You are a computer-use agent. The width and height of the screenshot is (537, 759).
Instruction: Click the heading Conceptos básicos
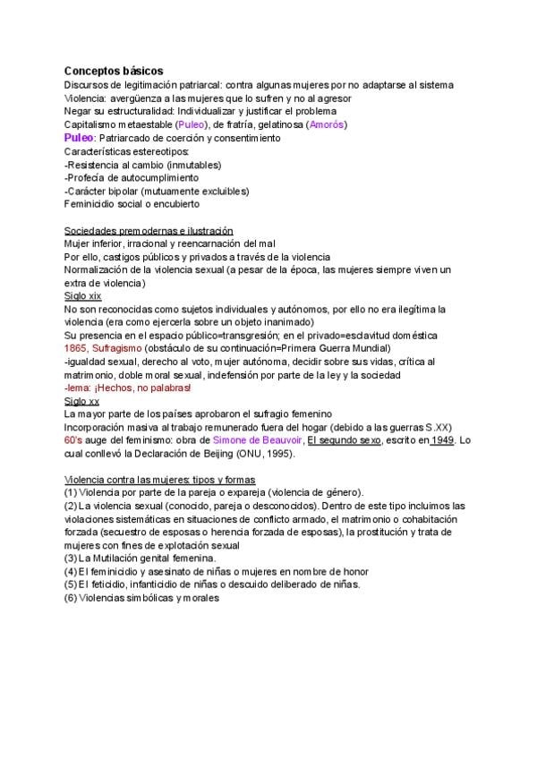pyautogui.click(x=114, y=70)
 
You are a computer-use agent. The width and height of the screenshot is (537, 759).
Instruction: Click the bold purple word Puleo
pyautogui.click(x=79, y=138)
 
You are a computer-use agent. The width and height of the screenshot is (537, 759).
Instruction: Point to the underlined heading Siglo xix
pyautogui.click(x=81, y=295)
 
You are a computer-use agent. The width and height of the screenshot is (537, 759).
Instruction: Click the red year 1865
pyautogui.click(x=75, y=348)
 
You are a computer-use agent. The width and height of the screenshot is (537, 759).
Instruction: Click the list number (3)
pyautogui.click(x=70, y=559)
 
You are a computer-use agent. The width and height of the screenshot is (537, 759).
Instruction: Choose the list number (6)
pyautogui.click(x=70, y=598)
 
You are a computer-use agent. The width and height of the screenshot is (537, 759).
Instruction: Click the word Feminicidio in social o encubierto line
pyautogui.click(x=92, y=204)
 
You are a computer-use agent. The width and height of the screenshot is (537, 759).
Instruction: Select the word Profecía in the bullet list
pyautogui.click(x=89, y=177)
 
